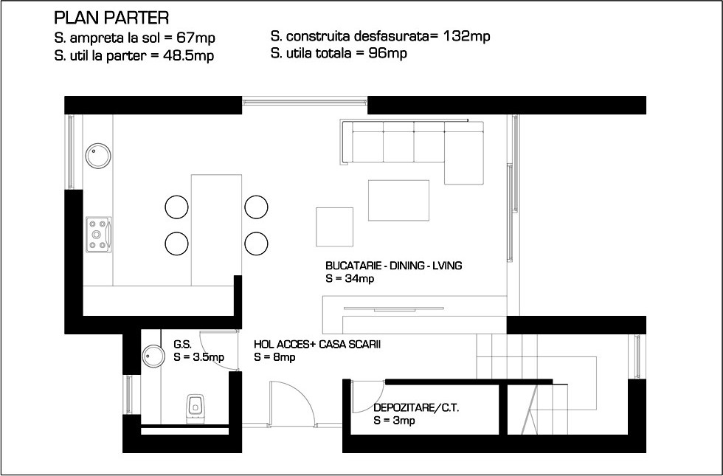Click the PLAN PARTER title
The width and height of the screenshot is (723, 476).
[111, 18]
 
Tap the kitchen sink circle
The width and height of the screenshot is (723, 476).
[97, 156]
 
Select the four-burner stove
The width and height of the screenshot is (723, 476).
[99, 235]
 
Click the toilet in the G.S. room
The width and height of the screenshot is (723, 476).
[195, 408]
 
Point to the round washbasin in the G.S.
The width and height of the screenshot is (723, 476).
[153, 356]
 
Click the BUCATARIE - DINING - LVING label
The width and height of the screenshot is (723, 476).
[394, 266]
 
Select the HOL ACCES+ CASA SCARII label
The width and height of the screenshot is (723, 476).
[317, 345]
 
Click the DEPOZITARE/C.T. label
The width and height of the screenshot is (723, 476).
[416, 407]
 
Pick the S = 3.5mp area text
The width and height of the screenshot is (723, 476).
[198, 357]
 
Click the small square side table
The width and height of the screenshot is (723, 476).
[334, 227]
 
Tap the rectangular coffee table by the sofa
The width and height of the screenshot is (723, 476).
[398, 200]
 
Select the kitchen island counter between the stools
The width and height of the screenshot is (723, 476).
[216, 230]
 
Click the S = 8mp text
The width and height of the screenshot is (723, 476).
[274, 357]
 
